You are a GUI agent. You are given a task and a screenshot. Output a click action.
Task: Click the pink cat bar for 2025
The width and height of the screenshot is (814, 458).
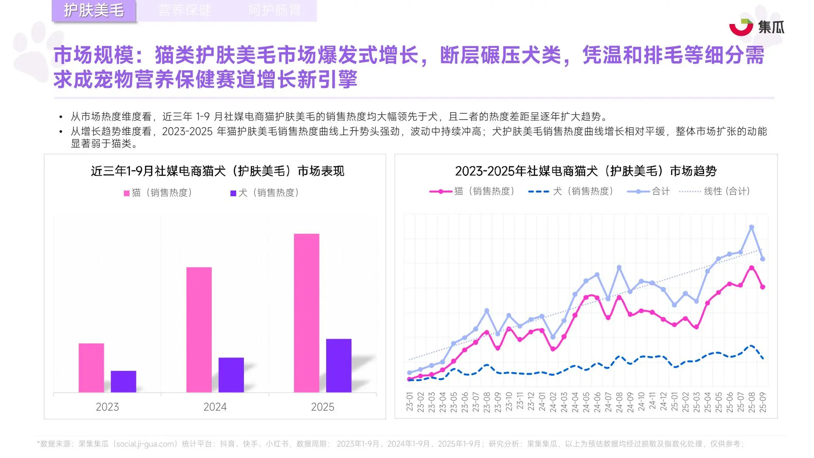306,313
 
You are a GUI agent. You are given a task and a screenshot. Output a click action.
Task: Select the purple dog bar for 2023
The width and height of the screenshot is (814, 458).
123,381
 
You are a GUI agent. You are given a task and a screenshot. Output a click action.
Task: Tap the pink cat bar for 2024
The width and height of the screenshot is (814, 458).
199,330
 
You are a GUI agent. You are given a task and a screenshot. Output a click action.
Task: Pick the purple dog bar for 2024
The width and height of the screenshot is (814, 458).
231,374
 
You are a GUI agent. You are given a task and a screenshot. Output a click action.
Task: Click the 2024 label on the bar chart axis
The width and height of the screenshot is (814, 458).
215,407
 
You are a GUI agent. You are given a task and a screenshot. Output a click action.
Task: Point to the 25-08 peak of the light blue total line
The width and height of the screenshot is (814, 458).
752,227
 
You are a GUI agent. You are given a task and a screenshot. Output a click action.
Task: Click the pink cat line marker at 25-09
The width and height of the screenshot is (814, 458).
763,287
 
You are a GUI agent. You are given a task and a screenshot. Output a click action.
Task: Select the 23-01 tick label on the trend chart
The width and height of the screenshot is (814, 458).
409,402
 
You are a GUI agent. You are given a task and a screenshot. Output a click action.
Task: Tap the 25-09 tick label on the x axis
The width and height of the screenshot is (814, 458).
763,402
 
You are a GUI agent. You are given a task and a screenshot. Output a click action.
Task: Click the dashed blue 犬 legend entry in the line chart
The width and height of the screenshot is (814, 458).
571,192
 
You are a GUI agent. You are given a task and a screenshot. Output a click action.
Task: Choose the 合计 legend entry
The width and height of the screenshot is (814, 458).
649,192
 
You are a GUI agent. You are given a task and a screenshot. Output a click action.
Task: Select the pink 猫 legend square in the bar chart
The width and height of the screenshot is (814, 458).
126,193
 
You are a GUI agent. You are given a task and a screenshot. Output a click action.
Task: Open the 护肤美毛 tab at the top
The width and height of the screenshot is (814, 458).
94,10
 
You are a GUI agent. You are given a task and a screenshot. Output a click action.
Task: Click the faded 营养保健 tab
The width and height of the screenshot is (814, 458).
185,10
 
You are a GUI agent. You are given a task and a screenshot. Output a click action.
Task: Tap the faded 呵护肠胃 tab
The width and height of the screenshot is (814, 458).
274,10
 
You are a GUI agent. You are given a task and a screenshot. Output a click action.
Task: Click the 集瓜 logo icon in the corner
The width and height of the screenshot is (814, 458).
741,27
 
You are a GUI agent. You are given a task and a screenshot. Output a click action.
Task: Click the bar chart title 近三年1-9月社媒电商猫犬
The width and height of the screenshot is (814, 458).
217,171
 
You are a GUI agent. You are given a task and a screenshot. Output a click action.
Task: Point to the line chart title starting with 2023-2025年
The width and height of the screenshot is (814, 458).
586,171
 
